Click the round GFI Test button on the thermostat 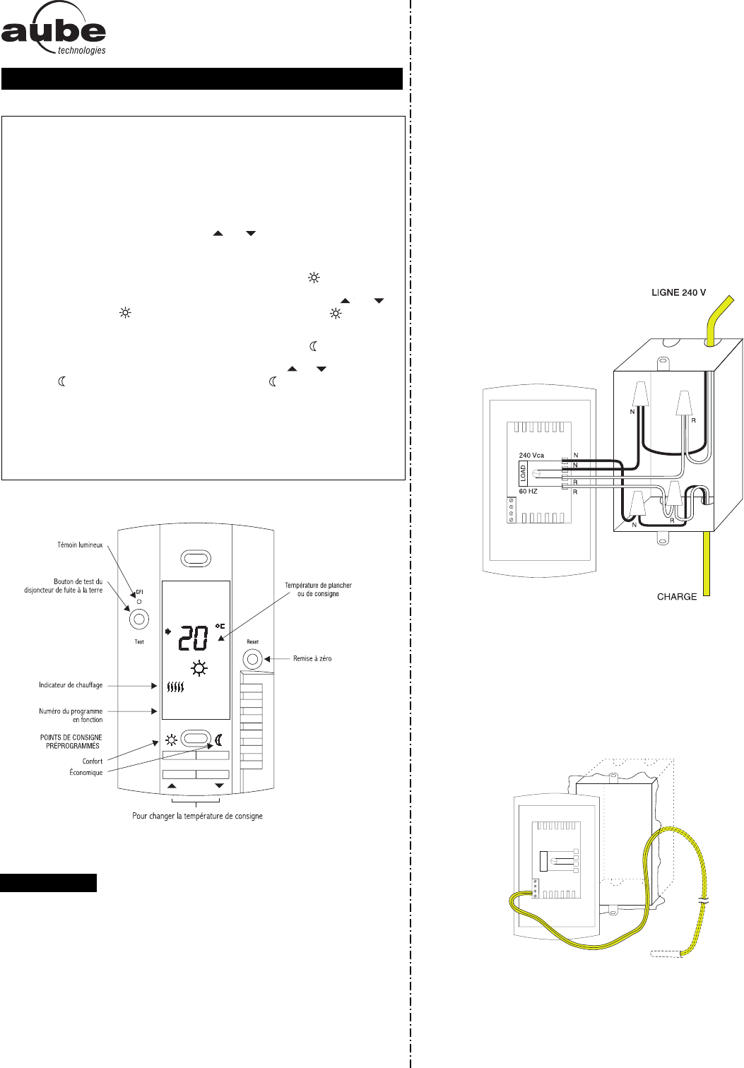(x=138, y=619)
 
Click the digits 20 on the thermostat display (x=192, y=639)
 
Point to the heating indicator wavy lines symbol (x=175, y=686)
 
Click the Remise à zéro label (x=312, y=659)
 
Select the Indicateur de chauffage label (x=71, y=685)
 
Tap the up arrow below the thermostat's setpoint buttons (x=171, y=786)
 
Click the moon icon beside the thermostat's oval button (x=219, y=740)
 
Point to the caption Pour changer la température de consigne (x=197, y=816)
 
